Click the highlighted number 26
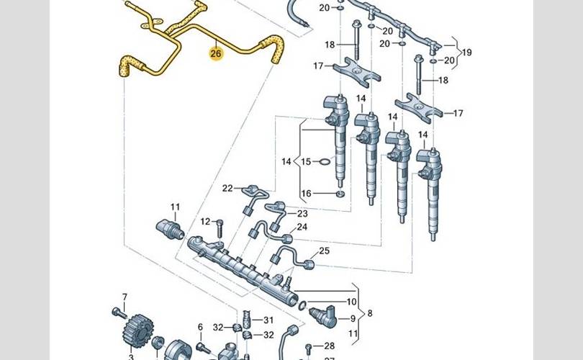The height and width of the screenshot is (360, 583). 216,53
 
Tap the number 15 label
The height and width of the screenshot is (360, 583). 305,161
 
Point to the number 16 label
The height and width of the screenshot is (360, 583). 305,193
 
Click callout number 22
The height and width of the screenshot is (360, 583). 227,188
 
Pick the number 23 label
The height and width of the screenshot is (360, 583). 302,214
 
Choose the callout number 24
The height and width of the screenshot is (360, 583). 302,227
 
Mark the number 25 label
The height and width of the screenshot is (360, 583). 324,251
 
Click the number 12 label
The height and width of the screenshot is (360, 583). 205,221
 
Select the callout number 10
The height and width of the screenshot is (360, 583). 351,302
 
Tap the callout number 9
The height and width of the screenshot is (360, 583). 353,318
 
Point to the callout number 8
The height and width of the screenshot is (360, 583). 370,314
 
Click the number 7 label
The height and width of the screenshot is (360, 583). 124,297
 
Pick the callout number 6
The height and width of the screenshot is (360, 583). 200,327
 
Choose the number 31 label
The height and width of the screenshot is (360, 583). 268,320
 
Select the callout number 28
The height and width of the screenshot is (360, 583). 329,346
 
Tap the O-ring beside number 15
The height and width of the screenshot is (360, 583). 324,161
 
